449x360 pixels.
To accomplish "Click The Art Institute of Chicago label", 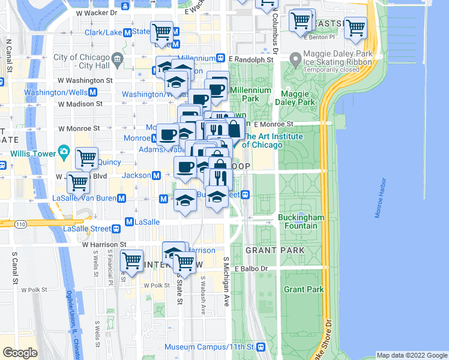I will tap(262, 141).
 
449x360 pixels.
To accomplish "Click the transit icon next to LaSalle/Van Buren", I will tap(122, 198).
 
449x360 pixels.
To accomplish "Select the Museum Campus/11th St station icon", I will tap(261, 347).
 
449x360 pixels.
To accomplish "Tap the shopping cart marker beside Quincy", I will tap(87, 158).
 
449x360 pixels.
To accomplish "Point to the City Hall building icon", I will tap(116, 58).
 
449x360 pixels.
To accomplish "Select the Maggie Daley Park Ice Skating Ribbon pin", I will tap(295, 59).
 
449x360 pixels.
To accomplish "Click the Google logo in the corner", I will tap(20, 353).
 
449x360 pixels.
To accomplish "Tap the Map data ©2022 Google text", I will tap(411, 355).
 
